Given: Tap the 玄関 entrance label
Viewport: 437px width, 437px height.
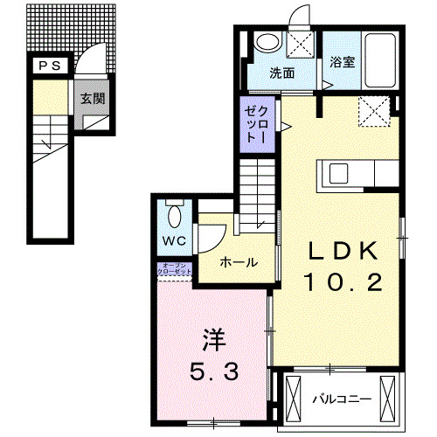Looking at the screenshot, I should [94, 99].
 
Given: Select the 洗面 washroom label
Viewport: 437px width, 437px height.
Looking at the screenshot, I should [281, 73].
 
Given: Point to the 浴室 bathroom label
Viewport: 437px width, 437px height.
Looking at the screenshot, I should [342, 63].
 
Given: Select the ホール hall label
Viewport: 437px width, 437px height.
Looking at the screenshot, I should [238, 261].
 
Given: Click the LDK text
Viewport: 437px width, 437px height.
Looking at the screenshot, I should [342, 251].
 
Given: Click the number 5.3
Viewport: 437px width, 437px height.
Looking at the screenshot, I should [212, 372].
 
